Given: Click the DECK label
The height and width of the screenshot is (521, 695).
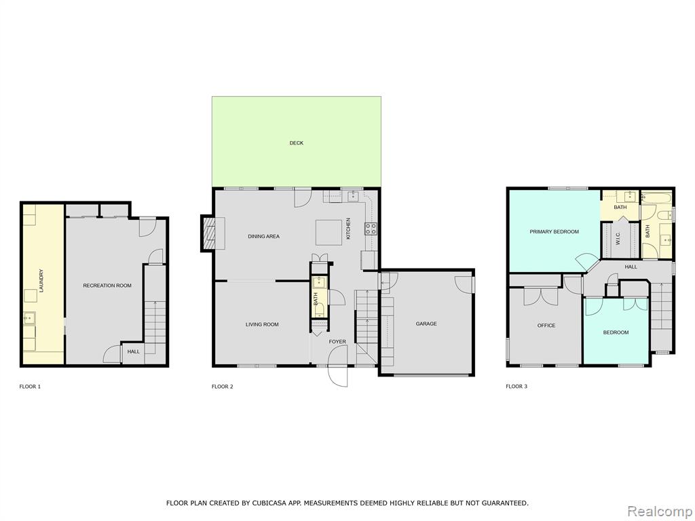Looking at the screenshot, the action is (296, 143).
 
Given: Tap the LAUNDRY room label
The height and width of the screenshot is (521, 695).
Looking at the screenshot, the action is (41, 281).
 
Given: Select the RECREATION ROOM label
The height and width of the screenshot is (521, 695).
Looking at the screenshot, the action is (107, 286).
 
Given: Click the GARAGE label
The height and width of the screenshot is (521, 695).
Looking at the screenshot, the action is (426, 324).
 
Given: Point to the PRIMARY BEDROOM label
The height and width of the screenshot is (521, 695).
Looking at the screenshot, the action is (554, 232).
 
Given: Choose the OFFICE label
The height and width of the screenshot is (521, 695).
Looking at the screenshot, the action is (546, 326).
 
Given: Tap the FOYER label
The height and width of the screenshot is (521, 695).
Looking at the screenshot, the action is (337, 342).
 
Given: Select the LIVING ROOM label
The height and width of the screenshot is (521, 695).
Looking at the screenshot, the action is (262, 325).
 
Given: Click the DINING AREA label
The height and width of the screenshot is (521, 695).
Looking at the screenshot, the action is (264, 237).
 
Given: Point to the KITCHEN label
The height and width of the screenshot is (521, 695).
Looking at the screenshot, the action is (348, 229).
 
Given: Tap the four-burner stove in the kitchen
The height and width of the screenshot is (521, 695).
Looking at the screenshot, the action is (371, 229).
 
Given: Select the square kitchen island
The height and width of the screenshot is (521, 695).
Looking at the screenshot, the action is (329, 233).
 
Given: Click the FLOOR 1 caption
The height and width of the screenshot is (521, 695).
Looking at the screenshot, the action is (30, 387).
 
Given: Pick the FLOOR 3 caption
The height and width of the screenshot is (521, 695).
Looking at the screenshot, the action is (516, 386).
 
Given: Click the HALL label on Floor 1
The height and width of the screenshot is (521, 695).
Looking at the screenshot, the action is (134, 352).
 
